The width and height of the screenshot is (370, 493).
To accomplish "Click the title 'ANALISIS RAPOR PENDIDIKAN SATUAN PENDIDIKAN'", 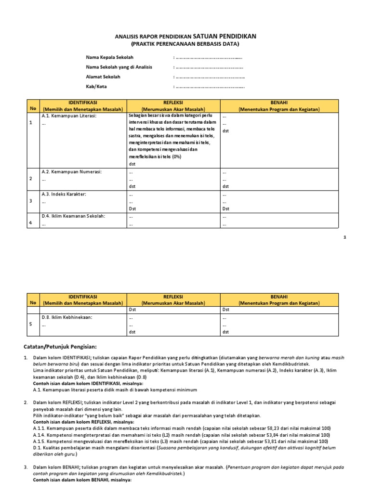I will (x=185, y=36).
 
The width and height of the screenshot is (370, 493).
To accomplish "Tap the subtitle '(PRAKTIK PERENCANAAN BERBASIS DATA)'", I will (x=185, y=44).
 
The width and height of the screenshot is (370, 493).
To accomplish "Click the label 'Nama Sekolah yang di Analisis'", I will (x=119, y=67).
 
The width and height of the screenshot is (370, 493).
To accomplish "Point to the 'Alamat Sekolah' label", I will (x=103, y=77).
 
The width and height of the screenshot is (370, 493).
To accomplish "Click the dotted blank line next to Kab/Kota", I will (x=210, y=87).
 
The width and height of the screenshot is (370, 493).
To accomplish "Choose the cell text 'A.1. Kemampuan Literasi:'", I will (x=69, y=117).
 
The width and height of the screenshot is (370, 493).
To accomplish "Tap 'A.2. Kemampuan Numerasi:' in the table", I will (x=72, y=172).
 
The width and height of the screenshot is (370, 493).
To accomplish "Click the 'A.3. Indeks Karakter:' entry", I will (x=67, y=194).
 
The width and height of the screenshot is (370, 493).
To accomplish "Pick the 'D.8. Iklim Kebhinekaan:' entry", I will (x=67, y=317).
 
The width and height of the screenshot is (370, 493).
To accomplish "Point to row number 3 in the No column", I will (x=31, y=201).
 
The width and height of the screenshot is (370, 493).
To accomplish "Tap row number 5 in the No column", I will (x=31, y=324).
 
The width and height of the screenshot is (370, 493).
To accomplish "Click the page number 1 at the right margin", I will (x=358, y=237).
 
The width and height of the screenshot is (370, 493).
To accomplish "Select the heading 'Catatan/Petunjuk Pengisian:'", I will (x=61, y=347).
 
